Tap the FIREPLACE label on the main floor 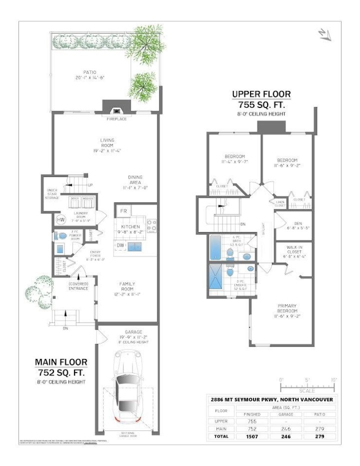pyautogui.click(x=116, y=119)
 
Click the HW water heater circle pyautogui.click(x=60, y=219)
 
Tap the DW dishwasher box pyautogui.click(x=120, y=245)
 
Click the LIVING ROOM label pyautogui.click(x=107, y=143)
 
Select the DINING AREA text pyautogui.click(x=134, y=180)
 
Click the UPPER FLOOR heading pyautogui.click(x=261, y=94)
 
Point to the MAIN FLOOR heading pyautogui.click(x=60, y=362)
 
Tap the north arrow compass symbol pyautogui.click(x=325, y=34)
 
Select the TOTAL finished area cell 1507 pyautogui.click(x=252, y=436)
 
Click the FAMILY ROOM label pyautogui.click(x=127, y=286)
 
